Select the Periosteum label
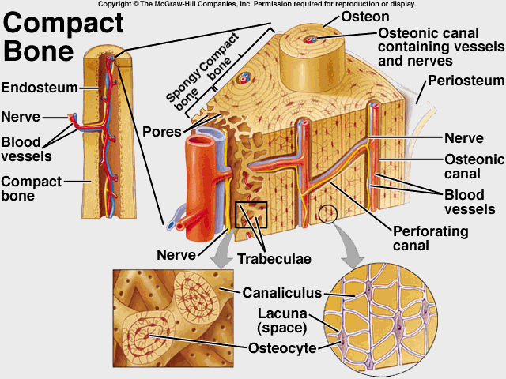466,81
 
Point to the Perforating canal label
431,238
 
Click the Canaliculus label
282,293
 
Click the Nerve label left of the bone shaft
21,118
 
